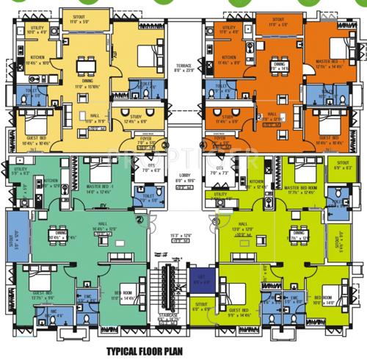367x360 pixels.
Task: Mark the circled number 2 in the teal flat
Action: pyautogui.click(x=140, y=218)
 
